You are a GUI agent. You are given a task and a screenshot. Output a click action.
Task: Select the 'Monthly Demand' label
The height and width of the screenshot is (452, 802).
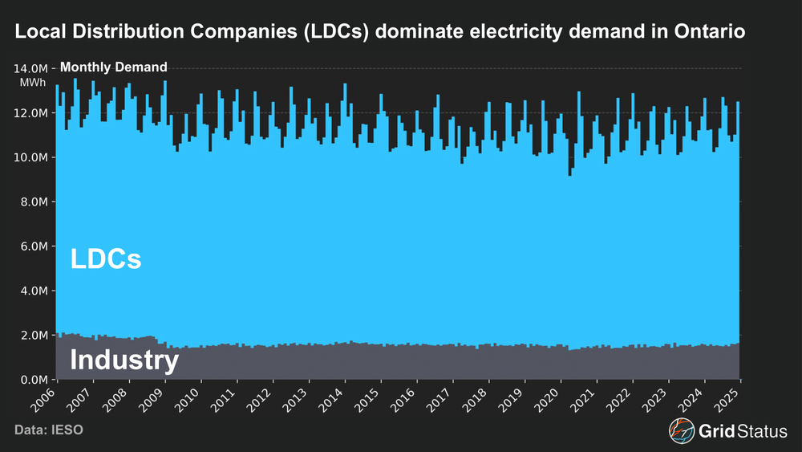[114, 67]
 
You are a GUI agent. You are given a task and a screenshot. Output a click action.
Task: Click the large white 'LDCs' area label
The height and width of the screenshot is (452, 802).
[106, 259]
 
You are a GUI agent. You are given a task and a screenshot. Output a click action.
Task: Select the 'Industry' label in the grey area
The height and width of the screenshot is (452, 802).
[124, 360]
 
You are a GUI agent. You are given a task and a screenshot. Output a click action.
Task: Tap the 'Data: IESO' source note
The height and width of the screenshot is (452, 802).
[49, 431]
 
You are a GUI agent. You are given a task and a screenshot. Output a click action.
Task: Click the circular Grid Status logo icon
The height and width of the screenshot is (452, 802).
[682, 431]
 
